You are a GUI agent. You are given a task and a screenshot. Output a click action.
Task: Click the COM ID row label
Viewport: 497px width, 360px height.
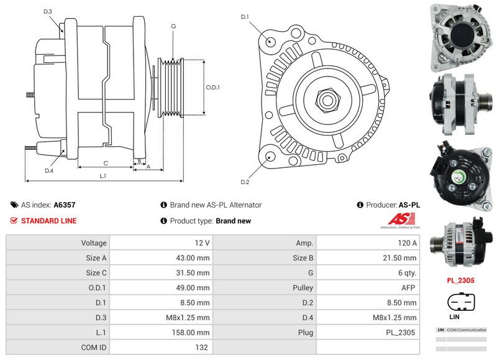pos(93,348)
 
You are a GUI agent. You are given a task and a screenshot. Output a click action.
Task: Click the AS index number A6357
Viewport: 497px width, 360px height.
pos(65,205)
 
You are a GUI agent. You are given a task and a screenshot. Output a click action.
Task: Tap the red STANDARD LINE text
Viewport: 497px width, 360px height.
pos(49,221)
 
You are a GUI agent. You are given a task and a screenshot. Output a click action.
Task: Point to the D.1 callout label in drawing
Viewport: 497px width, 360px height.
pos(245,17)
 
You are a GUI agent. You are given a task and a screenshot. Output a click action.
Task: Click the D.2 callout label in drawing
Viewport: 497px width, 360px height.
pos(245,182)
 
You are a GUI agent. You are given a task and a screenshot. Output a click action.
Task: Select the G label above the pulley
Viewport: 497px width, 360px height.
pos(173,26)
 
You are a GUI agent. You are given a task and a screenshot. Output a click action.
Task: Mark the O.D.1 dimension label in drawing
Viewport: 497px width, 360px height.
pos(213,88)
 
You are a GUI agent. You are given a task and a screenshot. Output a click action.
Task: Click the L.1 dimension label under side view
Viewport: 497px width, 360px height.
pos(103,176)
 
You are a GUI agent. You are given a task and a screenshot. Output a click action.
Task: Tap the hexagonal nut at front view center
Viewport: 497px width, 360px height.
pos(327,99)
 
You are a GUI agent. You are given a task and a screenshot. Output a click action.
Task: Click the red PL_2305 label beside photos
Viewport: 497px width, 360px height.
pos(461,280)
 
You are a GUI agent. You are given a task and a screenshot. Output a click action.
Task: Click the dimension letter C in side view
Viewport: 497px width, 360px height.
pos(106,164)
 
